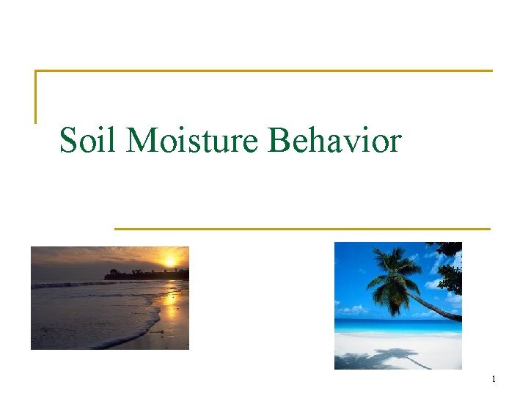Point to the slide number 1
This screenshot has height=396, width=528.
pyautogui.click(x=494, y=379)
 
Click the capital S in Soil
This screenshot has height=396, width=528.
pyautogui.click(x=68, y=141)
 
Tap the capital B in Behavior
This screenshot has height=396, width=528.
pyautogui.click(x=279, y=141)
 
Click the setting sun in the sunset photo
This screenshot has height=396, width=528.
pyautogui.click(x=170, y=260)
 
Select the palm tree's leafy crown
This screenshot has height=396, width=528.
pyautogui.click(x=392, y=268)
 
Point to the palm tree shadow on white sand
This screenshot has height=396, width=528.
pyautogui.click(x=381, y=359)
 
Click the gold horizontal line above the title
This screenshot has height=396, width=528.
pyautogui.click(x=264, y=71)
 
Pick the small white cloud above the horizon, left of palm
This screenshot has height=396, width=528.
pyautogui.click(x=352, y=309)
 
